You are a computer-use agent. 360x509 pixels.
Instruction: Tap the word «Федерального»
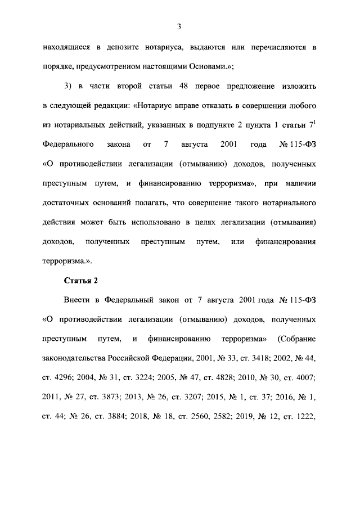click(67, 145)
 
